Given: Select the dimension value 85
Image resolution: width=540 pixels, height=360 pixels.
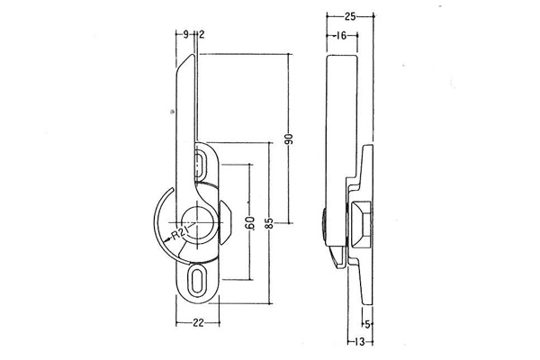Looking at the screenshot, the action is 270,223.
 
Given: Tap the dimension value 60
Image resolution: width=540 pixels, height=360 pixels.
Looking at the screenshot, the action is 250,222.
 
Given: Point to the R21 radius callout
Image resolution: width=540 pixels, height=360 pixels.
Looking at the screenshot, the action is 179,234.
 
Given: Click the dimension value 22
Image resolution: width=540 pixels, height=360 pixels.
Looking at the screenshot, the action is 198,323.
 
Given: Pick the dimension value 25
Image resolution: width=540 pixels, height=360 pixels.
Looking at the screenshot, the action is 349,16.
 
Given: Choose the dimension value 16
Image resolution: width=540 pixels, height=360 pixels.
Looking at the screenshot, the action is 341,35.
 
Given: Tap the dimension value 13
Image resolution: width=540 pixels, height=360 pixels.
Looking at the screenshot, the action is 359,342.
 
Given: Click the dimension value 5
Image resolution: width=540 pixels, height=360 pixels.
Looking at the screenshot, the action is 367,324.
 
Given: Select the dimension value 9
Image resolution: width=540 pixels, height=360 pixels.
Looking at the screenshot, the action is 185,34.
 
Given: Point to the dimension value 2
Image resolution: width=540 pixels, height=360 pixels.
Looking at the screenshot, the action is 202,34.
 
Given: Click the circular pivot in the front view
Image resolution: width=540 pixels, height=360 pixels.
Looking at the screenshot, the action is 197,222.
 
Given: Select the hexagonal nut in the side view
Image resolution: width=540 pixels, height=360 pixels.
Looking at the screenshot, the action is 361,225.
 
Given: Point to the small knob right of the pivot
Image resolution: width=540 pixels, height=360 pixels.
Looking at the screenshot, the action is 225,222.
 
